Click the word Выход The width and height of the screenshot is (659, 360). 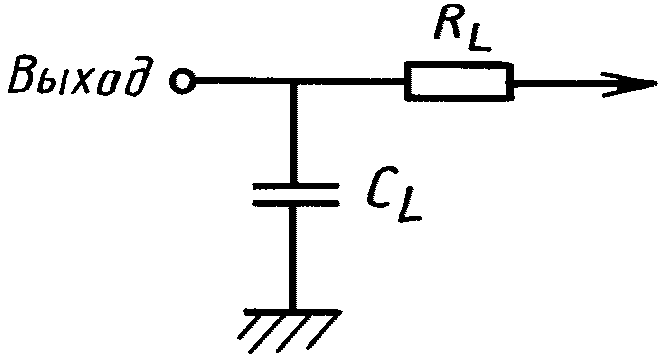(x=79, y=76)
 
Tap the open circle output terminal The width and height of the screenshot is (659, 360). (x=182, y=81)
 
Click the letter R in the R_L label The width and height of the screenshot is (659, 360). (x=449, y=23)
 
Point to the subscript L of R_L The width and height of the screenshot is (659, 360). (x=477, y=40)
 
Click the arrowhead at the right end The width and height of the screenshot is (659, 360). (x=629, y=85)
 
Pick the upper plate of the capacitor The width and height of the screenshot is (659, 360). (x=295, y=186)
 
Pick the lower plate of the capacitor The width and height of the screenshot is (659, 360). (x=295, y=203)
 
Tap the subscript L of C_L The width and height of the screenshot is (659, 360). (x=409, y=210)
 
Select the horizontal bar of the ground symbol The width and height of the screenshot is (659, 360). (x=292, y=312)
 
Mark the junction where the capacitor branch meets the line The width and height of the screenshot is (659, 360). (x=294, y=81)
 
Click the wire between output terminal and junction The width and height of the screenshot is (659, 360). (x=242, y=81)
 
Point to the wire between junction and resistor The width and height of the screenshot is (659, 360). (x=351, y=81)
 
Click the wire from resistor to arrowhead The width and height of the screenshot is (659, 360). (x=557, y=82)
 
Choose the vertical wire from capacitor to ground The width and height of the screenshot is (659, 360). (x=294, y=258)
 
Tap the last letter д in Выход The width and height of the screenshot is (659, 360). (x=137, y=76)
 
